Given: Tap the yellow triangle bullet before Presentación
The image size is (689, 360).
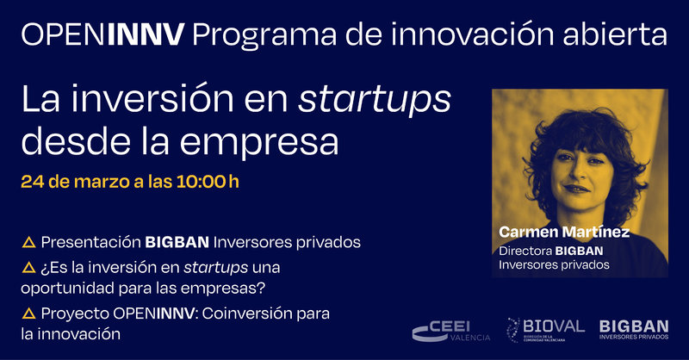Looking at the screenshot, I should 28,242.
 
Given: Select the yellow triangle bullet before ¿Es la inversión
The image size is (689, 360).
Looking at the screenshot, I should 28,268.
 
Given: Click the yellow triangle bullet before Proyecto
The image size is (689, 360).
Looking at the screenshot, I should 28,313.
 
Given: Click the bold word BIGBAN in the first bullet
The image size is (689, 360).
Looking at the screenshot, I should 175,241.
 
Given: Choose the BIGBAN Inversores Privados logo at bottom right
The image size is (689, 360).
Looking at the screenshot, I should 633,329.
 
